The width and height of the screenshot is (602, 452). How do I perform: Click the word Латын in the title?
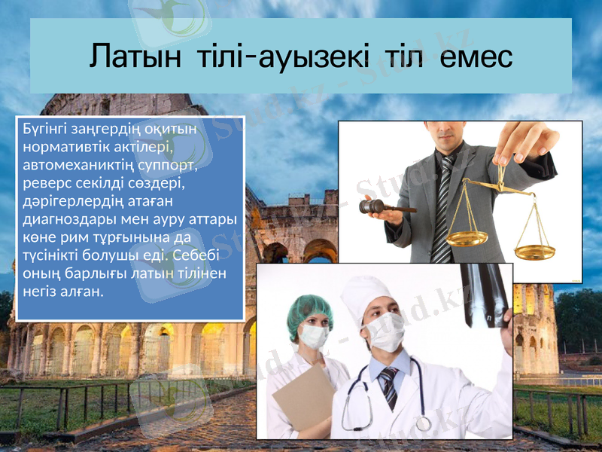(x=135, y=56)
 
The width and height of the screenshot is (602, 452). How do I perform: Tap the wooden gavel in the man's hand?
(x=384, y=206)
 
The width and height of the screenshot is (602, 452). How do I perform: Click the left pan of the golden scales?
(x=467, y=238)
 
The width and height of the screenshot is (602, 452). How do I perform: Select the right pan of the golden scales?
(x=534, y=252)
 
